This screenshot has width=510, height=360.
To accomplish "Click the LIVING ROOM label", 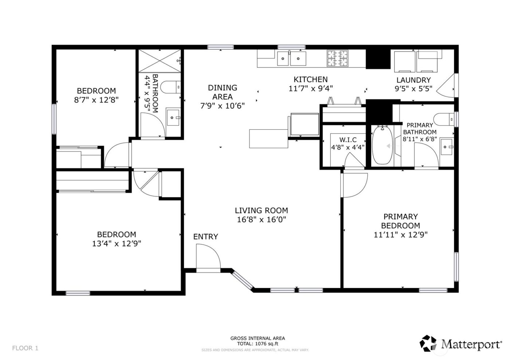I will pyautogui.click(x=261, y=210).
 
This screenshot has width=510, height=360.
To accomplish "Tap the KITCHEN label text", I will pyautogui.click(x=311, y=79).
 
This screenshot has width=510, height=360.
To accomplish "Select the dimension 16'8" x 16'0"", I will pyautogui.click(x=261, y=219).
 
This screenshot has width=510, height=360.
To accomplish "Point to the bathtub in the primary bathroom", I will pyautogui.click(x=382, y=145).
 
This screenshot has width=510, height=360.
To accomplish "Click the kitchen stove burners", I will pyautogui.click(x=337, y=58).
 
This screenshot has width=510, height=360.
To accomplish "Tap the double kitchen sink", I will pyautogui.click(x=291, y=58).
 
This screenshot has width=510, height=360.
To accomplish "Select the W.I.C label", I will pyautogui.click(x=348, y=140).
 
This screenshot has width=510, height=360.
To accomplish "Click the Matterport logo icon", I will pyautogui.click(x=428, y=343).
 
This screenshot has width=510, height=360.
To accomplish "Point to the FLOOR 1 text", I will pyautogui.click(x=25, y=348).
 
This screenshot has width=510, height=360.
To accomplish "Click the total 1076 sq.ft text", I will pyautogui.click(x=258, y=343).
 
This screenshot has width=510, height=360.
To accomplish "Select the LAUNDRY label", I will pyautogui.click(x=413, y=80).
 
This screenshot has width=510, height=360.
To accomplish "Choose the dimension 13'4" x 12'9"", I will pyautogui.click(x=117, y=244).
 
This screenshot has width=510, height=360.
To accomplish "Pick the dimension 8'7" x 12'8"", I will pyautogui.click(x=96, y=100).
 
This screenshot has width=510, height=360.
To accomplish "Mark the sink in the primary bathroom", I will pyautogui.click(x=446, y=147).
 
